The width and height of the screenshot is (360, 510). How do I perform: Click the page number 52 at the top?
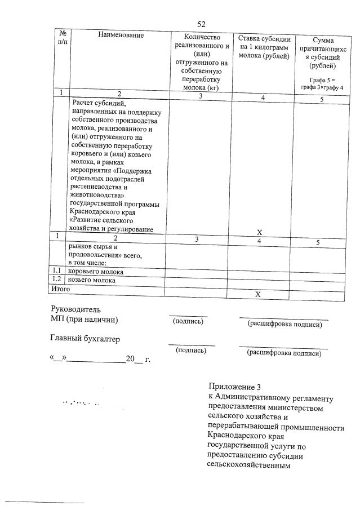201,24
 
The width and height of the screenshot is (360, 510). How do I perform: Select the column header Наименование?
121,35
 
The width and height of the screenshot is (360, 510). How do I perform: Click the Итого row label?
61,289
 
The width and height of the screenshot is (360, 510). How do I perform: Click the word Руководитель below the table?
75,309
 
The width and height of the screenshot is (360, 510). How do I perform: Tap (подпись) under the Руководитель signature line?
188,322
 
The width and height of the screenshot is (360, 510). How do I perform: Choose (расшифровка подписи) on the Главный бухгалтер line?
284,353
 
